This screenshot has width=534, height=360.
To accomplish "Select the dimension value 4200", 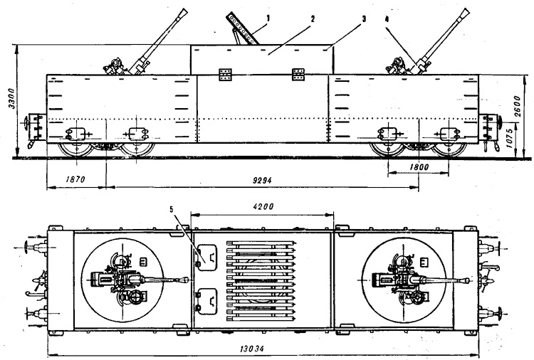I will coord(262,206).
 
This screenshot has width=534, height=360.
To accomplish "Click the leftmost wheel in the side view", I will coord(74,148).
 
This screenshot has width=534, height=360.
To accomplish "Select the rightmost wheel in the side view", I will coord(447,148).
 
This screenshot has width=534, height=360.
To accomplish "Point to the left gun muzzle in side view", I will coord(184,12).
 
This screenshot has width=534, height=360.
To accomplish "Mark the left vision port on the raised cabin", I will coord(227,75).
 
